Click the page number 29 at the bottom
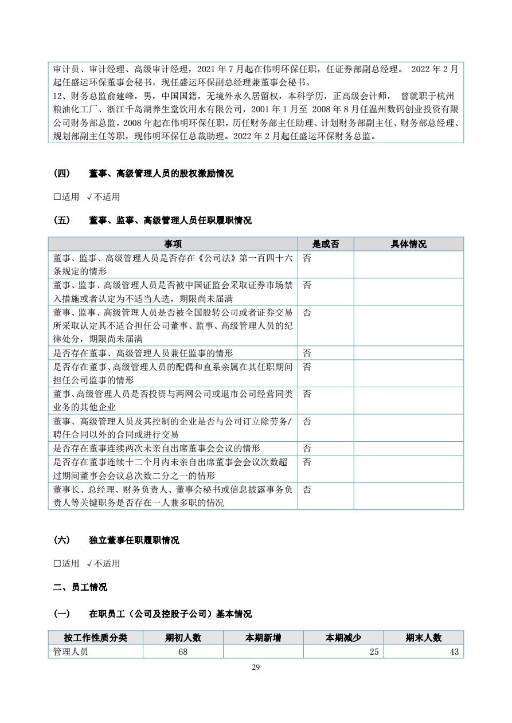(256, 667)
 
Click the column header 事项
(173, 244)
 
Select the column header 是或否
(325, 244)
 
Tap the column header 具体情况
(408, 244)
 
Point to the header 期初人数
(183, 638)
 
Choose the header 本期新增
(263, 638)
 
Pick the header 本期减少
(343, 638)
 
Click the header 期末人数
(423, 638)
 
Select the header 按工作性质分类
(95, 638)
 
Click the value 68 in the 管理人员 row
(183, 652)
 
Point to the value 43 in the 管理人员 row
(454, 652)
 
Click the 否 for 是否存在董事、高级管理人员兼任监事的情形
(307, 353)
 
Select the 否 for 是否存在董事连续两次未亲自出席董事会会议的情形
(307, 448)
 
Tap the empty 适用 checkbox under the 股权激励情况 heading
(57, 197)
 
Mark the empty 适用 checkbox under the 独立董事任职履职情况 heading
(57, 563)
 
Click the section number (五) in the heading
(61, 220)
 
